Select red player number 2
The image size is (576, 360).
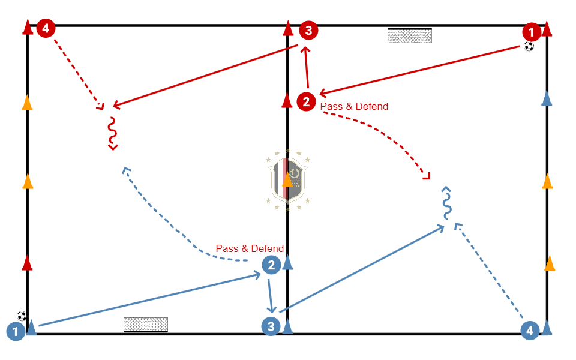[x=307, y=101]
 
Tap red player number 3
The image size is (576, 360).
[x=308, y=29]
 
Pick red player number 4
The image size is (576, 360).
[x=46, y=28]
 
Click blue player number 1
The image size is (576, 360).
[x=16, y=331]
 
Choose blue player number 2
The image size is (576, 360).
[x=271, y=265]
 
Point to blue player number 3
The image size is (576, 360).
[x=271, y=327]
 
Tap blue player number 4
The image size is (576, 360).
[x=529, y=331]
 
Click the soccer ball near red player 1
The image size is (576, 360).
[x=529, y=46]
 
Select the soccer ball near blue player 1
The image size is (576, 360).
[x=22, y=316]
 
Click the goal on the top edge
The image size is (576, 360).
[x=410, y=35]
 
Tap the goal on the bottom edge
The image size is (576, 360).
[x=146, y=325]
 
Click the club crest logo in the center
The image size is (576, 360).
[x=287, y=179]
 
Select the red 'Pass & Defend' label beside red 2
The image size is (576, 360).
[x=354, y=106]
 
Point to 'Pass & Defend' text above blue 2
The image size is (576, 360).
[x=250, y=248]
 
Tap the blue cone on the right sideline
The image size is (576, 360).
[x=547, y=98]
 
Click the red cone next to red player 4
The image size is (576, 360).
[x=28, y=28]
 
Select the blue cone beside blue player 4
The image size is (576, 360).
[x=547, y=327]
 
